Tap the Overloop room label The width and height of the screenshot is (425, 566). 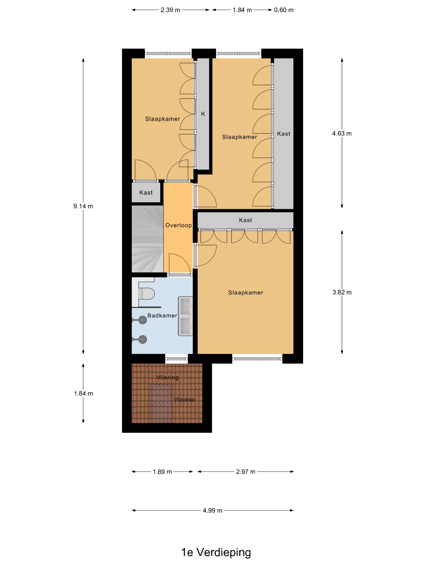point(178,225)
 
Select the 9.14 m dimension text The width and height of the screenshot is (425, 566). point(83,206)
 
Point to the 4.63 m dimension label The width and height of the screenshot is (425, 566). point(342,133)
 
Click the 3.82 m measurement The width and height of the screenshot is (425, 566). point(342,292)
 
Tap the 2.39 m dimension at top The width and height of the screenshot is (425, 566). point(170,10)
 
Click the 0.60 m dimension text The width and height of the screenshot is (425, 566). point(284,10)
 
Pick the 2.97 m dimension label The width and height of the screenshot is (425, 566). point(245,472)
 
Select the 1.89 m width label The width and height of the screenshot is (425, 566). point(162,472)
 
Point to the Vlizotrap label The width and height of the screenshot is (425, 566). point(184,399)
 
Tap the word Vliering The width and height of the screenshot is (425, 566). point(168,377)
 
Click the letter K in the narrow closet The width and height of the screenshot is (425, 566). point(203,114)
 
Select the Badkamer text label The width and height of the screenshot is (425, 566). point(162,316)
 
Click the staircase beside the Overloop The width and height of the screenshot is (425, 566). point(148,239)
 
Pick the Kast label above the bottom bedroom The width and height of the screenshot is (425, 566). point(245,220)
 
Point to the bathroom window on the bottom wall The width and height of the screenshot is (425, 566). point(176,359)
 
